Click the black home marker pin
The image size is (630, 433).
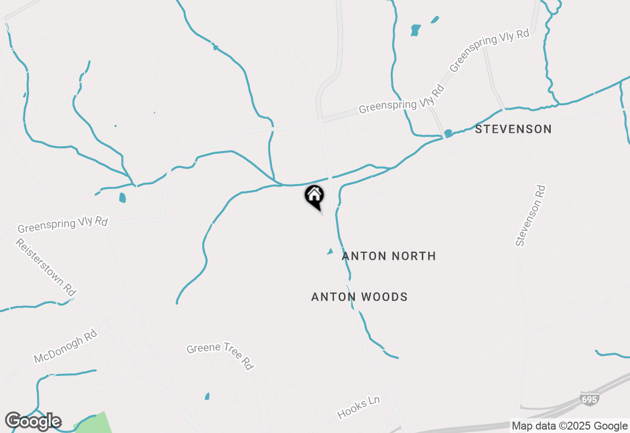coord(314,196)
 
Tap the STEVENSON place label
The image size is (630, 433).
coord(513,129)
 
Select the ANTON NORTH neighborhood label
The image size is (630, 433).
coord(389,256)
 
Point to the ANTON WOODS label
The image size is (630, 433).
coord(359,297)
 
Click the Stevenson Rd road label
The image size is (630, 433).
coord(531,216)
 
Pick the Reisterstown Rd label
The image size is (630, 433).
coord(45,267)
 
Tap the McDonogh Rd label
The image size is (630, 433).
coord(65,347)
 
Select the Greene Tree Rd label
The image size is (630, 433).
coord(220,355)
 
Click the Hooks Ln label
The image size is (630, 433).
coord(359,408)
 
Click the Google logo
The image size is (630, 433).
coord(33,422)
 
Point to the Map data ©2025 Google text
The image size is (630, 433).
coord(569,426)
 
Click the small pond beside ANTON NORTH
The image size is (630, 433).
coord(330,251)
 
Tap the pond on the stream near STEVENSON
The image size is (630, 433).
coord(448,133)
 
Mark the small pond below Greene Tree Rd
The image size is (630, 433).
coord(207,396)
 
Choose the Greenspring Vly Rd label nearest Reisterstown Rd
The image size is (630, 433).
coord(63,225)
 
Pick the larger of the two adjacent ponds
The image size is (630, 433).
coord(416,30)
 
